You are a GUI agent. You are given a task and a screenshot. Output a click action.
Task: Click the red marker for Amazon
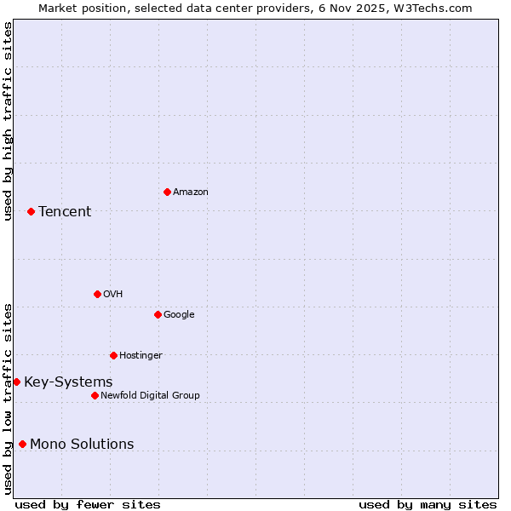coord(167,192)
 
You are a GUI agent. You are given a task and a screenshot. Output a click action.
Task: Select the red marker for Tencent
coord(31,211)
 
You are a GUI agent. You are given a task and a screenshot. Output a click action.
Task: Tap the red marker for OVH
coord(97,294)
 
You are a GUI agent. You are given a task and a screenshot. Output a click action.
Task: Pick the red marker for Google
coord(158,314)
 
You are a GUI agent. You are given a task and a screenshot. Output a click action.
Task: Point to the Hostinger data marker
coord(113,355)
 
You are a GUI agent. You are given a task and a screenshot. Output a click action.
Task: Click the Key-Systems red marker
coord(16,382)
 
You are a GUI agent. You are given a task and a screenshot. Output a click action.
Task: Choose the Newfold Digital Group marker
coord(95,395)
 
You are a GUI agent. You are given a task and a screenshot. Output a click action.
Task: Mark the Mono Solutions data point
coord(22,444)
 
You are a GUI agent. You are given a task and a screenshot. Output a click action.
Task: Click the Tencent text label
coord(65,211)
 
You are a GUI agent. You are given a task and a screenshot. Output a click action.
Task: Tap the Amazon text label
coord(191,192)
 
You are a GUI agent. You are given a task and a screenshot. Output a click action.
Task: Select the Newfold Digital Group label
coord(150,395)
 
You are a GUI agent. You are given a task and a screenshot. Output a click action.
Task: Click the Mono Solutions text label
coord(82,444)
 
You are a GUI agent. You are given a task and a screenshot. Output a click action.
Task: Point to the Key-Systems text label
coord(68,382)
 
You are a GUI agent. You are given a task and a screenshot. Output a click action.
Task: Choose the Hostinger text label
coord(141,355)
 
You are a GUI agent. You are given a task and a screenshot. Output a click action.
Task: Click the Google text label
coord(179,314)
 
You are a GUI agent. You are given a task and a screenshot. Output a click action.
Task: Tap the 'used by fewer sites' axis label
coord(88,504)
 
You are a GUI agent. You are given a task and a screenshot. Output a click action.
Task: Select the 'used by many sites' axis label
coord(428,504)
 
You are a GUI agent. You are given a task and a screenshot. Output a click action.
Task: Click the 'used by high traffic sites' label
coord(8,121)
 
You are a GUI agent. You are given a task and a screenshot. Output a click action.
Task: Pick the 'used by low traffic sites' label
coord(8,399)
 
